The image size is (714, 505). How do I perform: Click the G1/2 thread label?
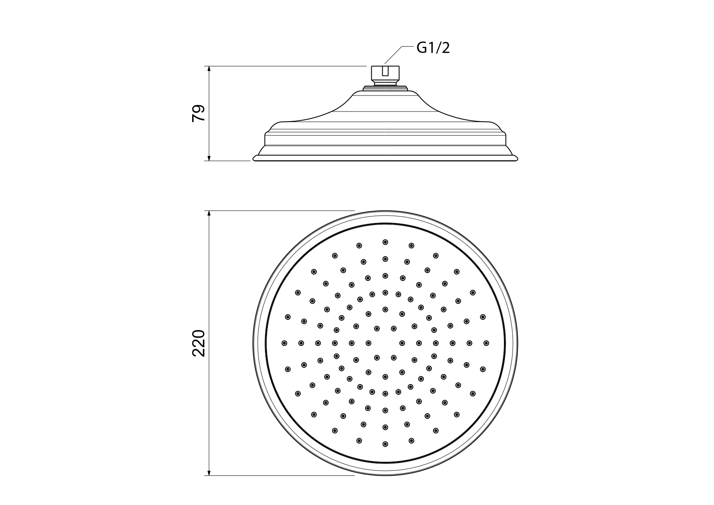point(433,48)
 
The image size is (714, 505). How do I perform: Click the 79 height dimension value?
point(198,113)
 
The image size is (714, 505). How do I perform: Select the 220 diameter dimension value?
point(198,343)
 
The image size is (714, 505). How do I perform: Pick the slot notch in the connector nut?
point(385,71)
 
